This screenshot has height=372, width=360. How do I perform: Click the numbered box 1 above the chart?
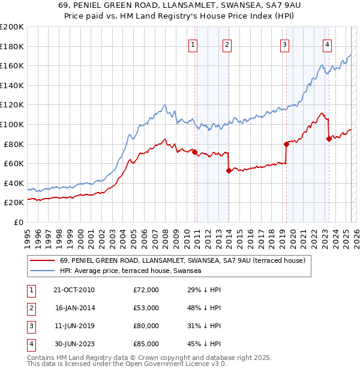click(193, 44)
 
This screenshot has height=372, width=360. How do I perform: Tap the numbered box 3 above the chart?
click(284, 44)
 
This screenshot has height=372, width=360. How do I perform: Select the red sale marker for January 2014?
click(229, 170)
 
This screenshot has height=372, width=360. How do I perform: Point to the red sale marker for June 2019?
click(286, 144)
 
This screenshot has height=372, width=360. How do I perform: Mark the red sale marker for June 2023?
click(329, 139)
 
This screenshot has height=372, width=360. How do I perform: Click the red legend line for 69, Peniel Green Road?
click(42, 260)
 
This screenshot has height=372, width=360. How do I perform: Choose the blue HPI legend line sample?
click(42, 271)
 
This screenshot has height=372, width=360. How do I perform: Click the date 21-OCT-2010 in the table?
click(74, 290)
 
